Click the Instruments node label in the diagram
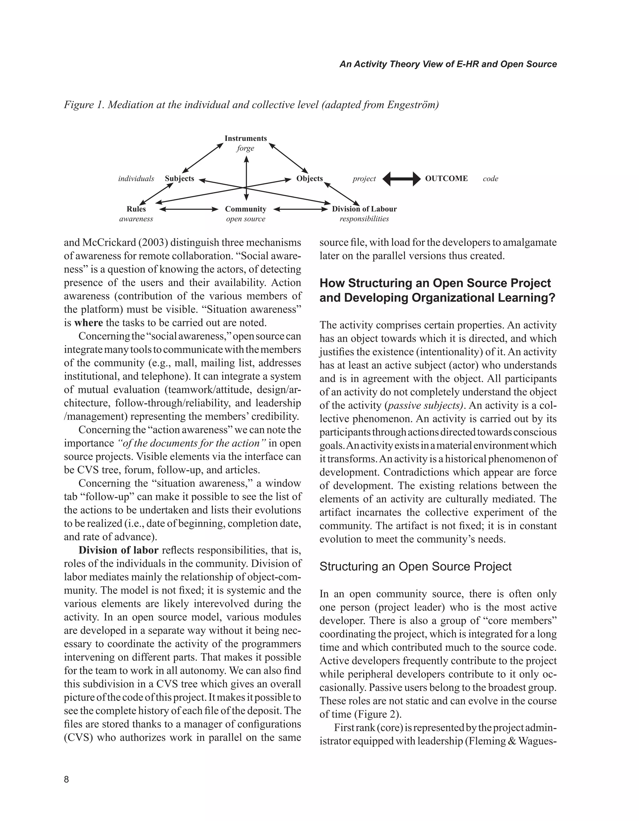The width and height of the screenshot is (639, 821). click(246, 138)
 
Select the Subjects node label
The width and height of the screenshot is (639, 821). click(179, 179)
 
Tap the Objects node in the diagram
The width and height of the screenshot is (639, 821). click(310, 179)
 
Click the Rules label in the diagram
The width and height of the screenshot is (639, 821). click(136, 209)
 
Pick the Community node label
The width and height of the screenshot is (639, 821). click(246, 209)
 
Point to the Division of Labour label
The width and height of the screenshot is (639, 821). click(364, 209)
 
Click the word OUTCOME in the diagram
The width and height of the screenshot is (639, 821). click(446, 179)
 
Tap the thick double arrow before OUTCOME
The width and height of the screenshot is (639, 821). click(402, 179)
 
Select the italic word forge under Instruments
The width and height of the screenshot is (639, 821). click(245, 148)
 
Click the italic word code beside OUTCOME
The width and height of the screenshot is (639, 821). click(490, 179)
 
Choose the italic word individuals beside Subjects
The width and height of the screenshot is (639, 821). click(136, 179)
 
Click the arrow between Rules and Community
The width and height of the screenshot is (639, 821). click(189, 209)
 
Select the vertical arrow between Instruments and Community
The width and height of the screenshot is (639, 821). click(246, 179)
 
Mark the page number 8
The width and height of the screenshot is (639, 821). click(66, 779)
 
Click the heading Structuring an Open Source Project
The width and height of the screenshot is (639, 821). click(415, 567)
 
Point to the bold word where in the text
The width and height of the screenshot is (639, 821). click(88, 323)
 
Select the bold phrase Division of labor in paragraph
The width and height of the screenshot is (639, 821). click(119, 550)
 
